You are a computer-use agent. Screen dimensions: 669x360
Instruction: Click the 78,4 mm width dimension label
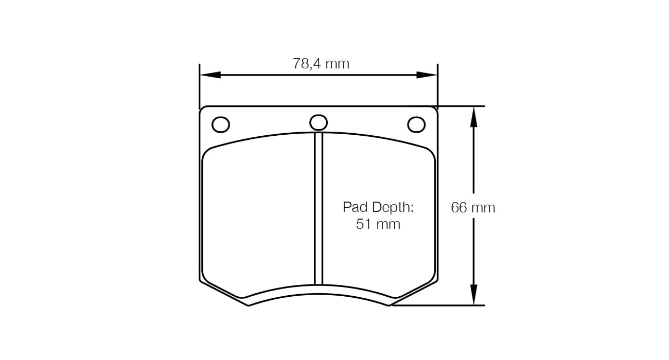[321, 64]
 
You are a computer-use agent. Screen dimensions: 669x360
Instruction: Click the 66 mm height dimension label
[473, 207]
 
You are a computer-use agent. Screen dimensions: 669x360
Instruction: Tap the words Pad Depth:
[378, 207]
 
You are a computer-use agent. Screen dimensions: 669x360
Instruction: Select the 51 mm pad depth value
[378, 224]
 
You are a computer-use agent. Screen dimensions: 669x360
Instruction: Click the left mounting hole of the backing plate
[221, 124]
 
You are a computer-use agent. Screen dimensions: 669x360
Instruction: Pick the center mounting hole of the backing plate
[319, 122]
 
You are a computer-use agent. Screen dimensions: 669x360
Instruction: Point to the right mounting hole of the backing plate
[416, 124]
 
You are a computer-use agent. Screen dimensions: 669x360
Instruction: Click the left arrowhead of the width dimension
[210, 75]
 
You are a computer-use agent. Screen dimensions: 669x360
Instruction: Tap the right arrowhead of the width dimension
[427, 75]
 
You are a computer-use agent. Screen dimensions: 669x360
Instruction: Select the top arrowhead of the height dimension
[473, 117]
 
